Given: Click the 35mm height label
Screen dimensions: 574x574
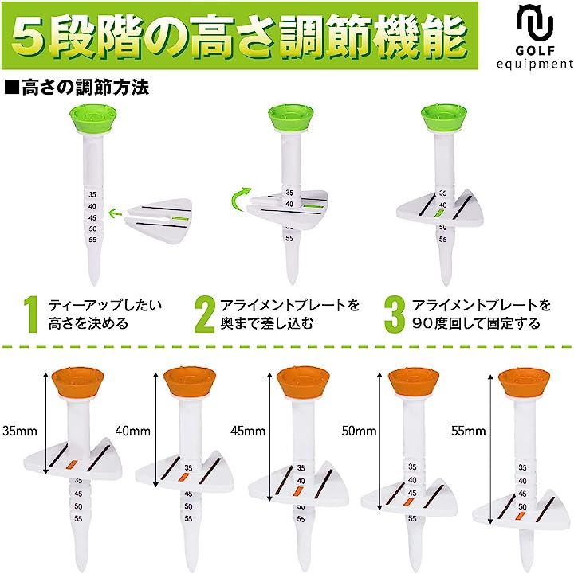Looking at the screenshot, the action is [20, 431].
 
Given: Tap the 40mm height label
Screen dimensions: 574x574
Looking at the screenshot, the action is [132, 431].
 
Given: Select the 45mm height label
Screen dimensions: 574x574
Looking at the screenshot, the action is [248, 431].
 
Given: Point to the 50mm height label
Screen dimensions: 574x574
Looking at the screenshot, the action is [359, 431].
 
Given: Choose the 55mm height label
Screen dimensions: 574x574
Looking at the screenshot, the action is [469, 431].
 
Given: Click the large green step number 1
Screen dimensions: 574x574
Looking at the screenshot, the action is [32, 314].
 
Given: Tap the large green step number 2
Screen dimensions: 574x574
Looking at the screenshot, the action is [205, 314].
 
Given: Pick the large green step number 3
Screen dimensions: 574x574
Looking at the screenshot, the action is [395, 314].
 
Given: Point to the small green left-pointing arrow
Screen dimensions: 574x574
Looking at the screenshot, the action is [116, 212].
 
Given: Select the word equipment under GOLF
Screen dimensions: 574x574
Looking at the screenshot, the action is [535, 64].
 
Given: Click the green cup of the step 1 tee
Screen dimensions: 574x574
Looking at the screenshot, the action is [93, 119].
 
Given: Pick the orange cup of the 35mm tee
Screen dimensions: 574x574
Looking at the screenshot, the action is [77, 383].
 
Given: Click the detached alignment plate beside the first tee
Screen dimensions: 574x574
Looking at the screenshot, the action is [159, 221].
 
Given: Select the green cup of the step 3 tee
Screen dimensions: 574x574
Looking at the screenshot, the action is [444, 118].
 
